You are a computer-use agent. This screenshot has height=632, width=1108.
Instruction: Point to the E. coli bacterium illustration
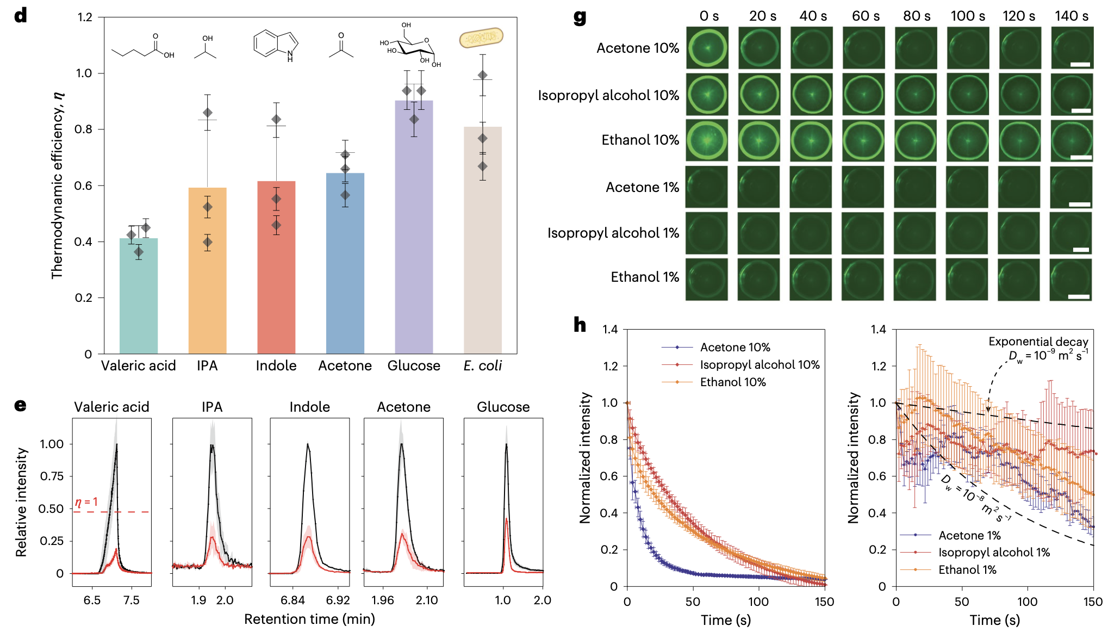tap(481, 38)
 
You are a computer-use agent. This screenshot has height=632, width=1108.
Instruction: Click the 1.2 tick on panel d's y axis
tap(85, 17)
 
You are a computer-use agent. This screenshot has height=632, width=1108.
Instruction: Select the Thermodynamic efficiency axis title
tap(58, 185)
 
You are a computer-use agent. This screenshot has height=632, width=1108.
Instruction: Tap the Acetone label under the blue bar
tap(345, 365)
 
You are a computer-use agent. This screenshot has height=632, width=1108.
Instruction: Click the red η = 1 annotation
tap(86, 502)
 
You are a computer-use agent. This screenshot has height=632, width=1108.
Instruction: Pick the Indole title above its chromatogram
tap(309, 407)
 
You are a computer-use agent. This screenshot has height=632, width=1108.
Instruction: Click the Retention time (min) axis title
tap(309, 619)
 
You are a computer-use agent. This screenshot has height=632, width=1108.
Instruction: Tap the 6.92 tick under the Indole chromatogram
tap(338, 600)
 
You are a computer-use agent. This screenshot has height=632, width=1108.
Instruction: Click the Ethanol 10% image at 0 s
tap(707, 140)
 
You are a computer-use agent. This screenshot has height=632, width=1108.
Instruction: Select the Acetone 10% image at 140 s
tap(1072, 48)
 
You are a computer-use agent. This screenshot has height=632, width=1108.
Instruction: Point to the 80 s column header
tap(917, 16)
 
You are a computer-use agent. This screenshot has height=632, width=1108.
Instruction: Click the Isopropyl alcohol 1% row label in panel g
tap(613, 233)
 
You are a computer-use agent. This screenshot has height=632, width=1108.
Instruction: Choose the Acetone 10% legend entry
tap(734, 347)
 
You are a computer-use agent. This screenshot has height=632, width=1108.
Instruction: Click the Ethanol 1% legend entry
tap(967, 569)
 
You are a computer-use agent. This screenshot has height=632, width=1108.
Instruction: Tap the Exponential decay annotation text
tap(1038, 342)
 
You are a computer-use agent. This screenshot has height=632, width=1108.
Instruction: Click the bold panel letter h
tap(580, 325)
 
